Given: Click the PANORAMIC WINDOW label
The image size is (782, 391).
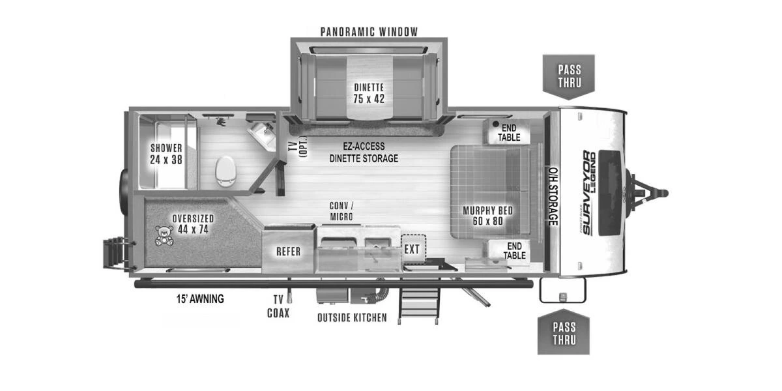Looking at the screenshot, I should pos(369,31).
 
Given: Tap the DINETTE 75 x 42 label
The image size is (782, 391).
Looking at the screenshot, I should pos(369,93).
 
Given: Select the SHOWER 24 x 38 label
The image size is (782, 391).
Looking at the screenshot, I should pos(166,154).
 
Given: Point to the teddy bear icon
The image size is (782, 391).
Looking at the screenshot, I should pos(165,235).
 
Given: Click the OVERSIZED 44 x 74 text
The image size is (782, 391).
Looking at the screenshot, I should pos(193,224).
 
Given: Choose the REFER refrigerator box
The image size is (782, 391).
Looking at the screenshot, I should pos(288,252).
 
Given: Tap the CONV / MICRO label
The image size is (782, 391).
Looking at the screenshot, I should pos(341,210).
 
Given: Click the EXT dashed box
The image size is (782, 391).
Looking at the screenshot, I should pos(412,249).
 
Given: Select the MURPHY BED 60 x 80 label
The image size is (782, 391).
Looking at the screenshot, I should pos(487,216).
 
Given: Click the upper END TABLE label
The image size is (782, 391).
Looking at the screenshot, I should pos(509,132).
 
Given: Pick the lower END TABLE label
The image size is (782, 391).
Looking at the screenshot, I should pos(515,250).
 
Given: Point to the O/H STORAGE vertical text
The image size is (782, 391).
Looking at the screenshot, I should pos(553,195).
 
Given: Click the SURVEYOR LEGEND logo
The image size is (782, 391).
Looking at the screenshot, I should pos(589,193).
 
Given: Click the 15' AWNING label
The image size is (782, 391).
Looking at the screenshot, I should pos(200,299).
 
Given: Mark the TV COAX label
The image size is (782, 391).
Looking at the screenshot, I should pos(278,306).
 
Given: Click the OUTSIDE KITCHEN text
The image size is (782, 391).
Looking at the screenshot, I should pos(352,318).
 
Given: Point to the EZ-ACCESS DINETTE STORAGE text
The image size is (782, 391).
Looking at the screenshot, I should pos(363,152).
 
